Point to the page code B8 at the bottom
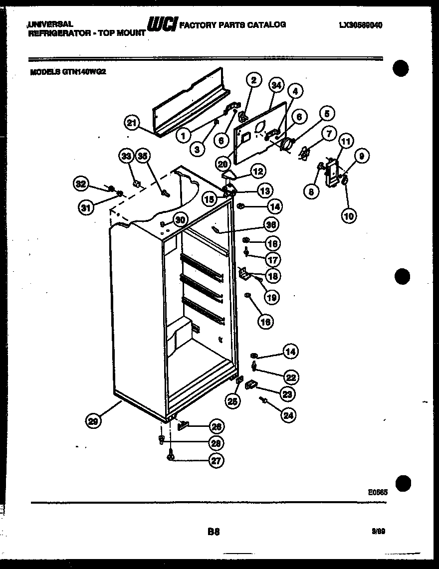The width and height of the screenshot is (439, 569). click(214, 532)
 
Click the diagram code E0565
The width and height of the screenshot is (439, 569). click(378, 491)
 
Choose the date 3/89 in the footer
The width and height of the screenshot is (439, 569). click(378, 532)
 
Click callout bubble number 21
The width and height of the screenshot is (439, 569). click(132, 123)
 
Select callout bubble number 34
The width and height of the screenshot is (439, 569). click(276, 86)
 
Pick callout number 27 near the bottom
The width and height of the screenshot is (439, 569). click(216, 461)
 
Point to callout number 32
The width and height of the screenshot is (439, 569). click(80, 184)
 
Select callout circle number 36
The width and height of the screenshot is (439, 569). click(271, 225)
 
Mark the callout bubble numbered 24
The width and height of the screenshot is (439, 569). click(288, 415)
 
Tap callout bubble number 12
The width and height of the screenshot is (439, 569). click(258, 171)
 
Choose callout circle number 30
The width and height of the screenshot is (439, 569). click(179, 220)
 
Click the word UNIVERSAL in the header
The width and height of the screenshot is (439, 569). click(50, 23)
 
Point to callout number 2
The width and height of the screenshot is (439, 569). click(253, 80)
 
